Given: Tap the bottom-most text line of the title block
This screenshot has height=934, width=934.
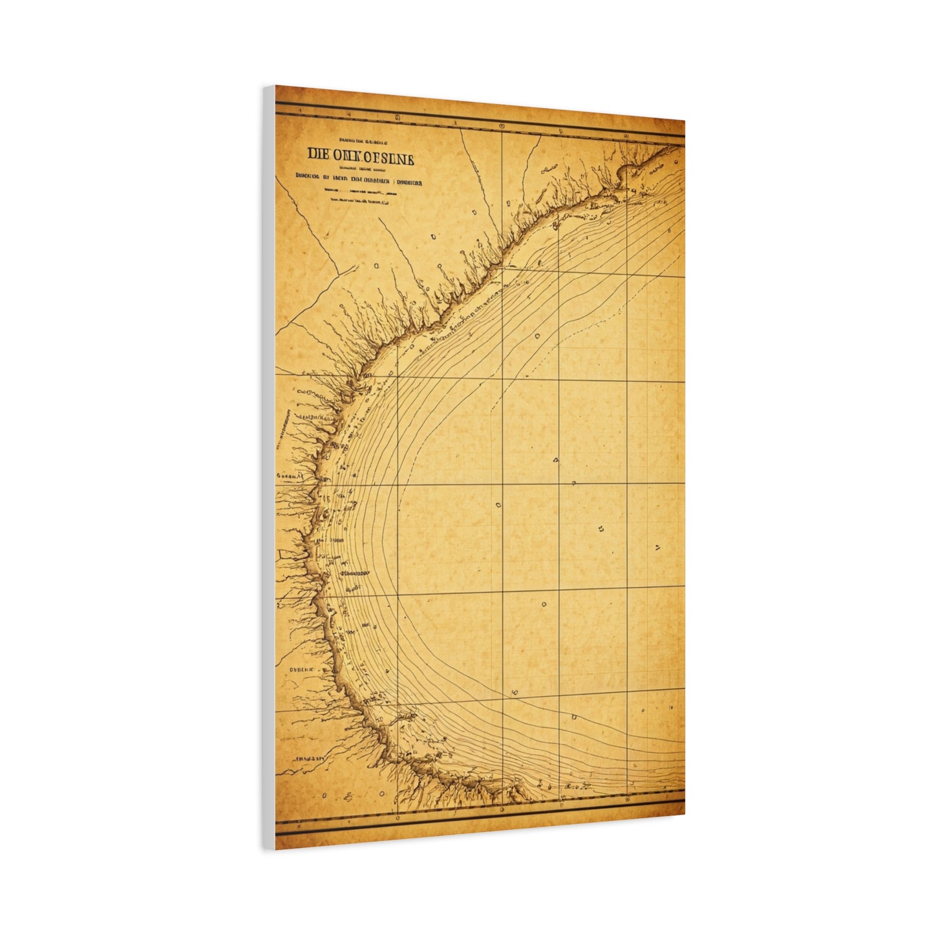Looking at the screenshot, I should [x=360, y=202].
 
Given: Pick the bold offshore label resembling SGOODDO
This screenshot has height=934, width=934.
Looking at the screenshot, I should [x=353, y=573].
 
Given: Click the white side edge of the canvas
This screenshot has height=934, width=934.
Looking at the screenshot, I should [x=269, y=465].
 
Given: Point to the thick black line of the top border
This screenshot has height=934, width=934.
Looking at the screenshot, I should [x=478, y=124].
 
